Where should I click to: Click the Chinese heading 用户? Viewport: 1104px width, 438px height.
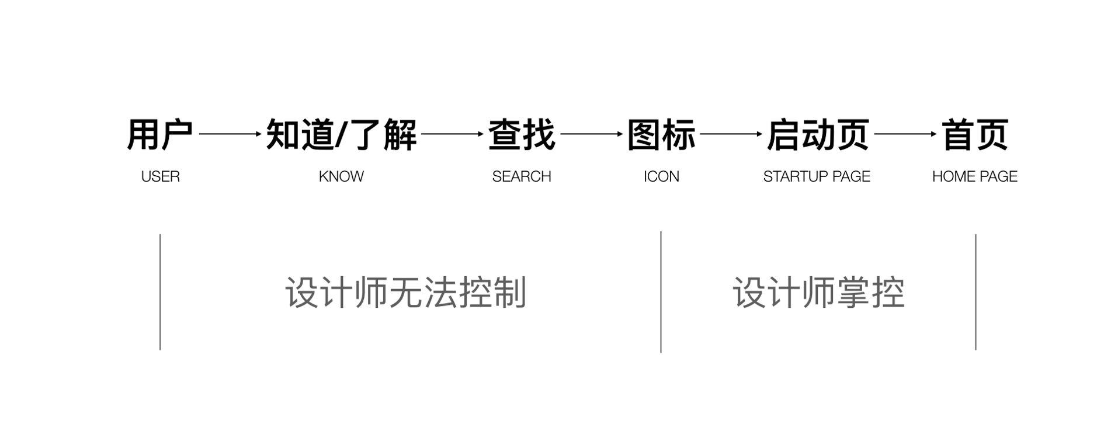point(159,135)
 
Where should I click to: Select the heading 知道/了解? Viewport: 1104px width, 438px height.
point(341,135)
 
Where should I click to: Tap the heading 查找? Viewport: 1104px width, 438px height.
point(521,135)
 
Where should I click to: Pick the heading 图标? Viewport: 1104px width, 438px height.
point(661,135)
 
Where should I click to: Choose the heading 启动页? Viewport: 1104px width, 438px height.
point(817,135)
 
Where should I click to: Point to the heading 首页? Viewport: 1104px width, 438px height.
point(975,135)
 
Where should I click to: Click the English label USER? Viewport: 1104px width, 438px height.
point(160,176)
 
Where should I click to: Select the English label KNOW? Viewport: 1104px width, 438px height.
point(341,176)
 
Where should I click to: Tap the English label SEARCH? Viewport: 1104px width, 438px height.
point(521,176)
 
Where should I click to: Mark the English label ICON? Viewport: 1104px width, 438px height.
point(661,176)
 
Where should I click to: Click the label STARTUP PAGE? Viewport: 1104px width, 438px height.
point(817,176)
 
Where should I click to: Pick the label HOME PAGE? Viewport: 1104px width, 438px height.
point(974,176)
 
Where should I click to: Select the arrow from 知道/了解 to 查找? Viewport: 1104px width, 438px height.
point(452,134)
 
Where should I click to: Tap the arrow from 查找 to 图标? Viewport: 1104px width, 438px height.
point(591,134)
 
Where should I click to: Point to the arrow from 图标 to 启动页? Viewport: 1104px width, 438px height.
point(731,134)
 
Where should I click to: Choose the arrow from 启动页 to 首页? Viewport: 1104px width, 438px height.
point(905,134)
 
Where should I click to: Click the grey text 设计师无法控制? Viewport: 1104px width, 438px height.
point(406,292)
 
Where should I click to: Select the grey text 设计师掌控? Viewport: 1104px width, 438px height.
point(818,292)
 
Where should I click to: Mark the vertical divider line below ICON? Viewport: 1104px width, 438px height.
point(661,292)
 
